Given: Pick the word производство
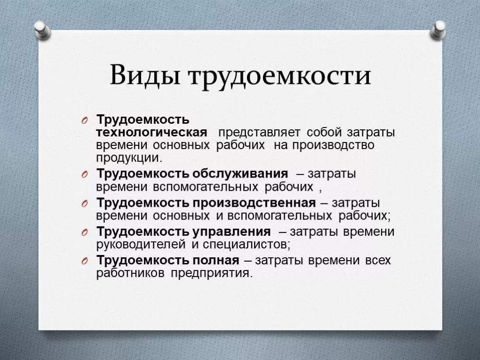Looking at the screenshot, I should point(334,145).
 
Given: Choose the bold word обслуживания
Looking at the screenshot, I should point(240,174).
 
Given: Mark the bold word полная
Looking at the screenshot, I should point(216,260).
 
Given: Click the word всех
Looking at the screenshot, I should point(377,261).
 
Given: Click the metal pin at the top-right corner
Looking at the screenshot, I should point(439,30).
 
